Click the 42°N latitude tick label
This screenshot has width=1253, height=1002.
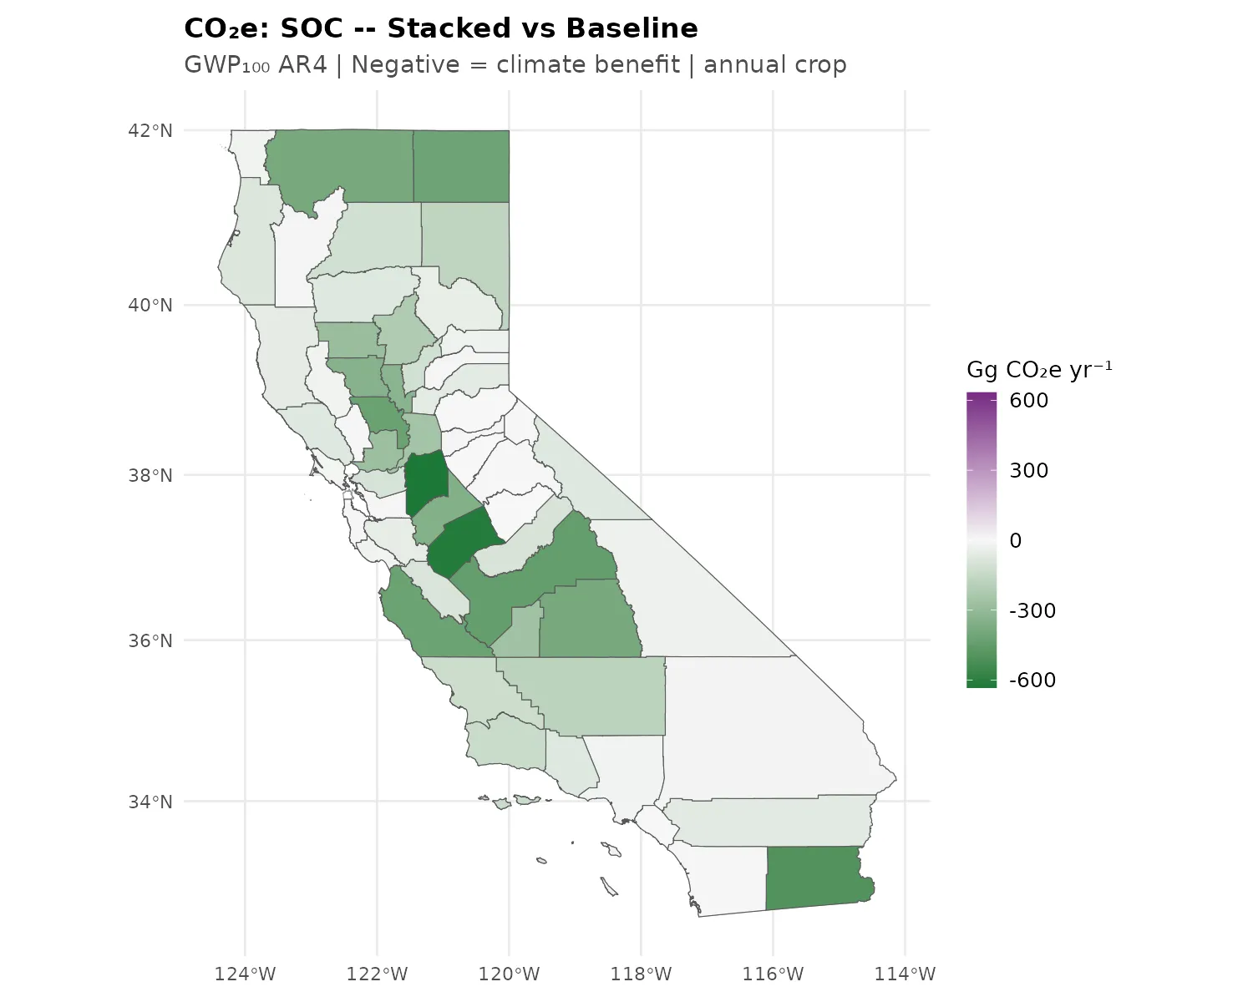(x=150, y=130)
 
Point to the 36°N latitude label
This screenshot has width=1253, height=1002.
(x=150, y=640)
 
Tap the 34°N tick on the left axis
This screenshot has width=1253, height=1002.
(x=150, y=802)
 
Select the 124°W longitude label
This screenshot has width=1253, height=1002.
(x=245, y=974)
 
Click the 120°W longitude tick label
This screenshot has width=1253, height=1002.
(x=509, y=974)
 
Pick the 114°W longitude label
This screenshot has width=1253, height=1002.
(x=905, y=974)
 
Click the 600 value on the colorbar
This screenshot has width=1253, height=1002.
(x=1028, y=400)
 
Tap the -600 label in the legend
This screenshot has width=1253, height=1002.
(x=1032, y=680)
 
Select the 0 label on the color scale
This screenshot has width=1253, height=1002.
(x=1015, y=540)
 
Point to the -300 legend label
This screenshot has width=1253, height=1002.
(x=1032, y=610)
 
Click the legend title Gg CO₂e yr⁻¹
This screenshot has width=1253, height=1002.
(x=1039, y=370)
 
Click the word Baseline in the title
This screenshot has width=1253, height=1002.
(x=632, y=28)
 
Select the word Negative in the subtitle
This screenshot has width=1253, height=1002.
(x=405, y=65)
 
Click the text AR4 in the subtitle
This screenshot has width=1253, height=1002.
(x=302, y=65)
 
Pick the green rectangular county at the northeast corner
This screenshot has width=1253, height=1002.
(x=461, y=166)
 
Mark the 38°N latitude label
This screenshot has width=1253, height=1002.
(x=150, y=475)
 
